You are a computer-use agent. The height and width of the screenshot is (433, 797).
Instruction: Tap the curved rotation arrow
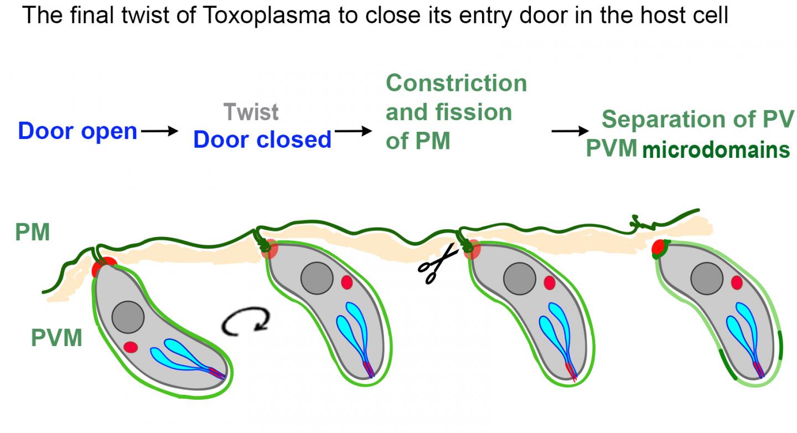[x=247, y=321]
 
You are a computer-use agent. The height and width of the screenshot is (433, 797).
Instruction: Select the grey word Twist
[x=251, y=112]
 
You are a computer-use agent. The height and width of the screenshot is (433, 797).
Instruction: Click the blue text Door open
[x=77, y=131]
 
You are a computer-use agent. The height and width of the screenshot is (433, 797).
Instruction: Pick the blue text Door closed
[x=262, y=140]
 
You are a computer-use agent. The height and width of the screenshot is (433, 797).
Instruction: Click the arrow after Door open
[x=160, y=131]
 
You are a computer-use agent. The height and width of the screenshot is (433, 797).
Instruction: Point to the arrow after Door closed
[x=354, y=131]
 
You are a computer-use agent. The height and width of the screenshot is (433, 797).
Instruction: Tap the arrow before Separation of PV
[x=571, y=131]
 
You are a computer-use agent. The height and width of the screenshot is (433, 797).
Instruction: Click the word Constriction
[x=456, y=83]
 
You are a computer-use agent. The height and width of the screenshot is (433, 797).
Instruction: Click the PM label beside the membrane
[x=33, y=233]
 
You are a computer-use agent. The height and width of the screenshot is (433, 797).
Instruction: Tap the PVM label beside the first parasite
[x=57, y=337]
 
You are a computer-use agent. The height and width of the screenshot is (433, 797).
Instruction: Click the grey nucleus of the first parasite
[x=128, y=317]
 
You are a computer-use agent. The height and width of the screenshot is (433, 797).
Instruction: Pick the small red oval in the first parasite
[x=131, y=347]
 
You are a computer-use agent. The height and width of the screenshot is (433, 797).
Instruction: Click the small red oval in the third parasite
[x=549, y=283]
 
